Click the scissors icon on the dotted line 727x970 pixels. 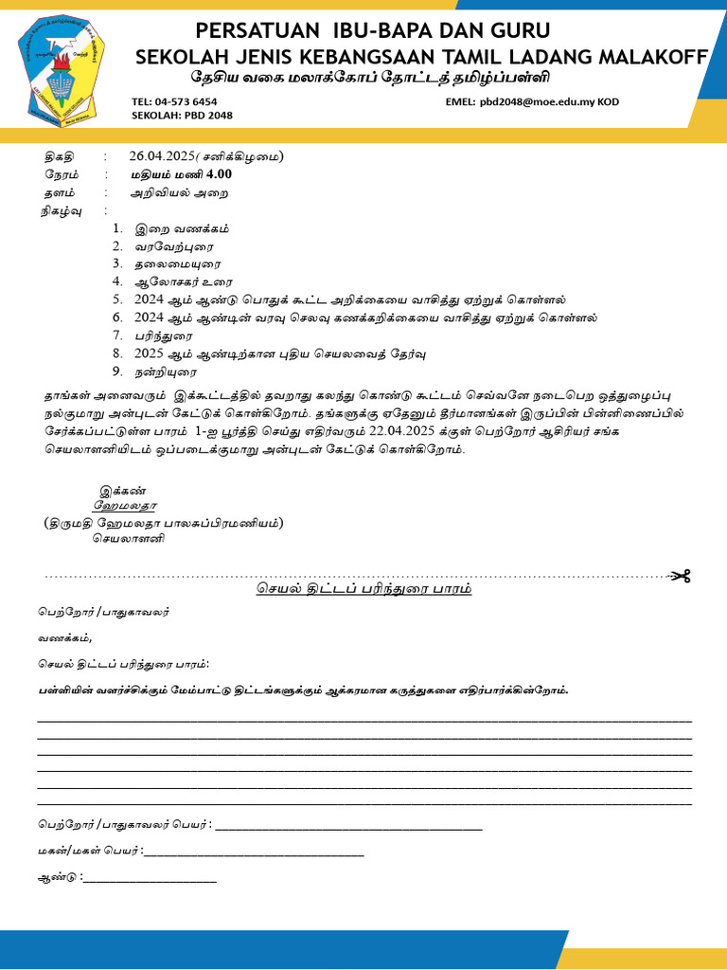[x=682, y=576]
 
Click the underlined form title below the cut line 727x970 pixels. [x=363, y=589]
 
